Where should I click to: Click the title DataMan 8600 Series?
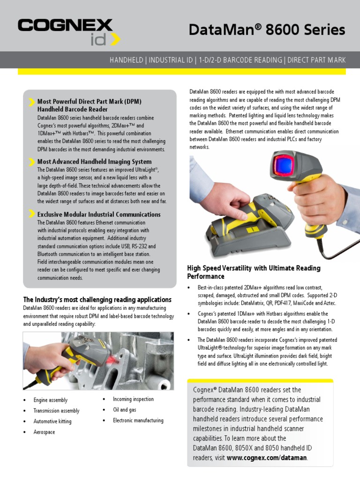pos(267,30)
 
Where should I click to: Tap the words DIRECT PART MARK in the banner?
pos(316,60)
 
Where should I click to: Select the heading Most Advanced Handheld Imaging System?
pos(94,162)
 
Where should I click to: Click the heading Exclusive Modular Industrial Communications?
pos(98,214)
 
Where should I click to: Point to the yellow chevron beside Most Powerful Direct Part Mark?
pos(31,102)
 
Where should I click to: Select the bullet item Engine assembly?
pos(50,400)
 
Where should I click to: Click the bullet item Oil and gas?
pos(124,410)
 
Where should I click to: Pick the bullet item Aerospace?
pos(44,432)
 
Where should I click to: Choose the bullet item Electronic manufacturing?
pos(138,420)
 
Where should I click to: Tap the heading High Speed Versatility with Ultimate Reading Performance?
pos(254,272)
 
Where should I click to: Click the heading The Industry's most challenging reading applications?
pos(97,300)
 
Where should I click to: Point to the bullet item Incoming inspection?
pos(133,399)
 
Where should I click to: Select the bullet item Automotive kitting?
pos(52,421)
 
